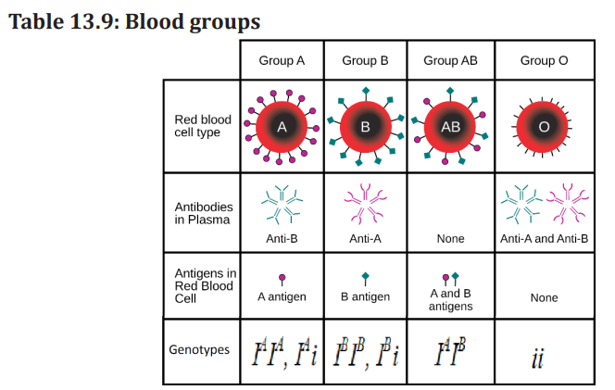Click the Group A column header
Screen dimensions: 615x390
coord(282,61)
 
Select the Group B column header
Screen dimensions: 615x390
coord(365,61)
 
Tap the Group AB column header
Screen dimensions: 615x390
coord(450,61)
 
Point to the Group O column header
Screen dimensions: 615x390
coord(544,61)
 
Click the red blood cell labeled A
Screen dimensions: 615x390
coord(282,127)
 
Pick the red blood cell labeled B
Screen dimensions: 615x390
coord(365,127)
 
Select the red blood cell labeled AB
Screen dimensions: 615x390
coord(450,127)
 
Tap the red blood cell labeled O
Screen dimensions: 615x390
coord(543,127)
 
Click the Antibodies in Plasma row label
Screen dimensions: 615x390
coord(204,213)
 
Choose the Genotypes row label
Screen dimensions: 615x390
coord(199,349)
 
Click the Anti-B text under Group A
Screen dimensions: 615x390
coord(282,239)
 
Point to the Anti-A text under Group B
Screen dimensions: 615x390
coord(365,239)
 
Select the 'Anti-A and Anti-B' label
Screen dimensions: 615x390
coord(544,239)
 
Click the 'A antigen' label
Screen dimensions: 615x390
coord(282,296)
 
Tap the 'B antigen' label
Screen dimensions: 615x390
coord(365,296)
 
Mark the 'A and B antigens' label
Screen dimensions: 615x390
coord(450,300)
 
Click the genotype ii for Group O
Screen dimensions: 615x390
coord(538,359)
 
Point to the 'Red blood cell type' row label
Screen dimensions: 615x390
coord(203,126)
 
